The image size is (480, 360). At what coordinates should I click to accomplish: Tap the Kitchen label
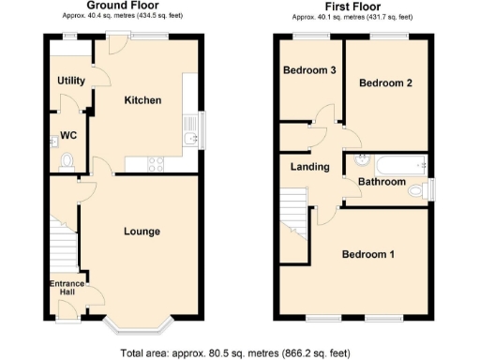(143, 100)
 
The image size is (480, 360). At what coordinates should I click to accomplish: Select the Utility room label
(71, 82)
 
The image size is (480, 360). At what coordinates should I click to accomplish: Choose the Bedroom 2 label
(386, 82)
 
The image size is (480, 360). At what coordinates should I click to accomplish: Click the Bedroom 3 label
(310, 70)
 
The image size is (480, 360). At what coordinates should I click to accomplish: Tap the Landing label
(310, 167)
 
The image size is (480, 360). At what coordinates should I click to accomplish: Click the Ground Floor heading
(122, 6)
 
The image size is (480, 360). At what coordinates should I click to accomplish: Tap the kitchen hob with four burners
(155, 161)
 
